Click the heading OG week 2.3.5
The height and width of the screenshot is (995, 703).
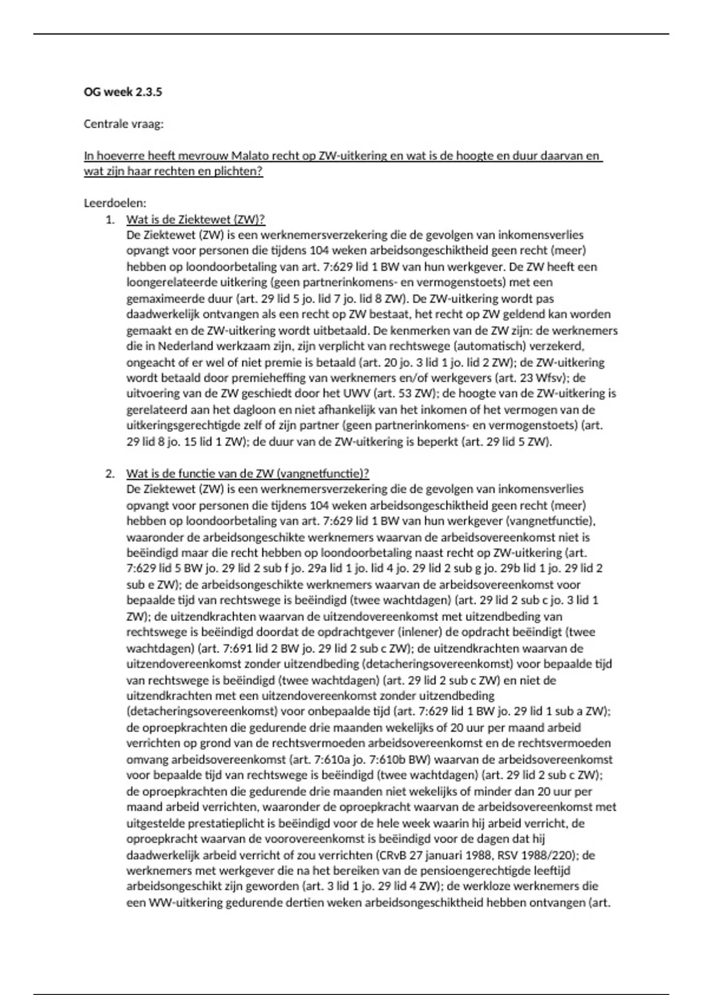[x=123, y=92]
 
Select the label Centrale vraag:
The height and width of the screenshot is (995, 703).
[x=124, y=124]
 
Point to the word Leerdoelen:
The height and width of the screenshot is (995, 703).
[x=115, y=204]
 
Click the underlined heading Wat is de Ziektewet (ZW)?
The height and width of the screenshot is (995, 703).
[x=196, y=219]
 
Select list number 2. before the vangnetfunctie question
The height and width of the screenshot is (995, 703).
[x=110, y=474]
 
